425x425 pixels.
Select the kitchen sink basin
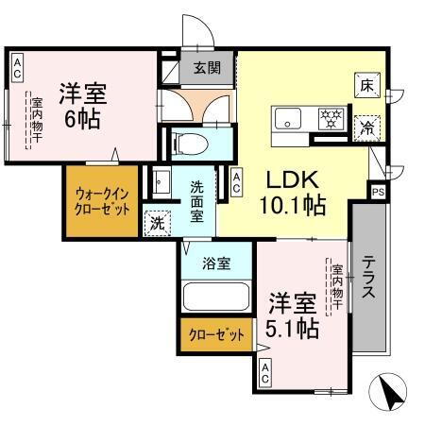[x=288, y=118]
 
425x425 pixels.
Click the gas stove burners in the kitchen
[x=331, y=118]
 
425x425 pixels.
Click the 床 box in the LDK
[x=366, y=84]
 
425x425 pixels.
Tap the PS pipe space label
[x=378, y=193]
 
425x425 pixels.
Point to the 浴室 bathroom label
[x=215, y=263]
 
